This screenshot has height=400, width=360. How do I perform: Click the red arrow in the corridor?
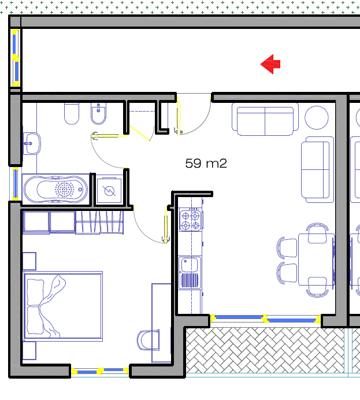270,64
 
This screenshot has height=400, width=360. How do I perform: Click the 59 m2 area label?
206,164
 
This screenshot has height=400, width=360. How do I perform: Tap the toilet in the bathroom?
72,114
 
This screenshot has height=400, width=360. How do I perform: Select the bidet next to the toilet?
98,114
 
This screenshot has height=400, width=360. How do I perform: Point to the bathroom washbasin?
32,143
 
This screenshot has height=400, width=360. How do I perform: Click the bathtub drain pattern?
65,189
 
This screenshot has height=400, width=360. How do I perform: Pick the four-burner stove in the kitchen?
191,220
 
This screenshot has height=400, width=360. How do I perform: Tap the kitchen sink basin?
190,265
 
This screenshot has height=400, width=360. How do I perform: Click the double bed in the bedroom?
63,306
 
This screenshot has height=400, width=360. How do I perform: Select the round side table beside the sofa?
317,117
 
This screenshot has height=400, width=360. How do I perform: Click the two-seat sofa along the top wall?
265,120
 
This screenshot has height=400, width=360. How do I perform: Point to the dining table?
316,259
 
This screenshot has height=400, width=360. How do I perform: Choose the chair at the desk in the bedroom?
148,340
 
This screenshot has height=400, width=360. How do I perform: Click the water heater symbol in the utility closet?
109,191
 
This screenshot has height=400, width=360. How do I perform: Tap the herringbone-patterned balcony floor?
265,351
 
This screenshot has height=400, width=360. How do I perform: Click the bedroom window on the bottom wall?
100,371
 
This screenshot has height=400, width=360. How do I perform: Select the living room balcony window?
265,318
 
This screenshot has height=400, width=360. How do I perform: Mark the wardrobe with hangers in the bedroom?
99,222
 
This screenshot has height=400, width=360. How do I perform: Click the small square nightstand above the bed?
29,261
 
